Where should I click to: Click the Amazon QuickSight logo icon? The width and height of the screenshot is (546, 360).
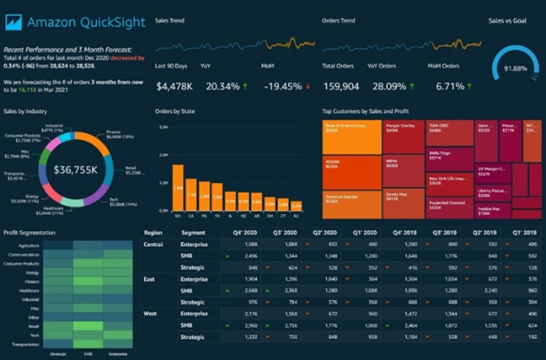coord(13,23)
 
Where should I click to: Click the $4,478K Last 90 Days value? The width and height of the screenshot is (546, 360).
coord(175,85)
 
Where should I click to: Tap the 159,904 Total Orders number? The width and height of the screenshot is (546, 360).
coord(344,85)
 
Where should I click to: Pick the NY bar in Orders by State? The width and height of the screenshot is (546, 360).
coord(178,187)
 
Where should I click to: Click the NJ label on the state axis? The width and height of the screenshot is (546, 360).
coord(296,216)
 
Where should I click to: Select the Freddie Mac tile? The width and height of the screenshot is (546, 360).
coord(404,196)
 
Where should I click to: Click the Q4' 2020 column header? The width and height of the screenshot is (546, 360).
coord(245,233)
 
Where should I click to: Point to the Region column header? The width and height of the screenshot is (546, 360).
coord(153,233)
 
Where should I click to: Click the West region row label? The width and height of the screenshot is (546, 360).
coord(153,313)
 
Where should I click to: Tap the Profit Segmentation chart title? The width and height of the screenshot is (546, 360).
coord(29,233)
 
